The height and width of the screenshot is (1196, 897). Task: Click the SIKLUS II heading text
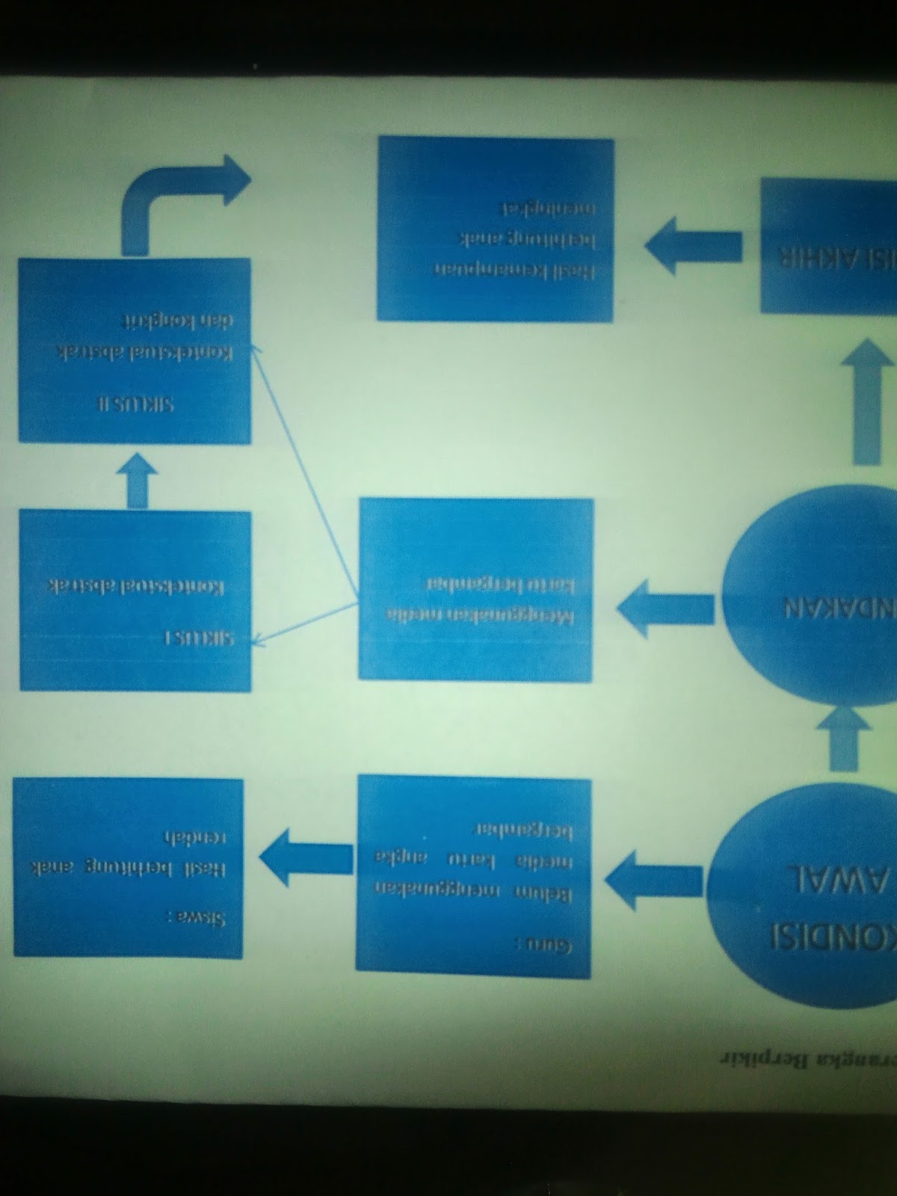point(136,404)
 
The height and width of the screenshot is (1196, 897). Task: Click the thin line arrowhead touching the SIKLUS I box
point(258,639)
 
